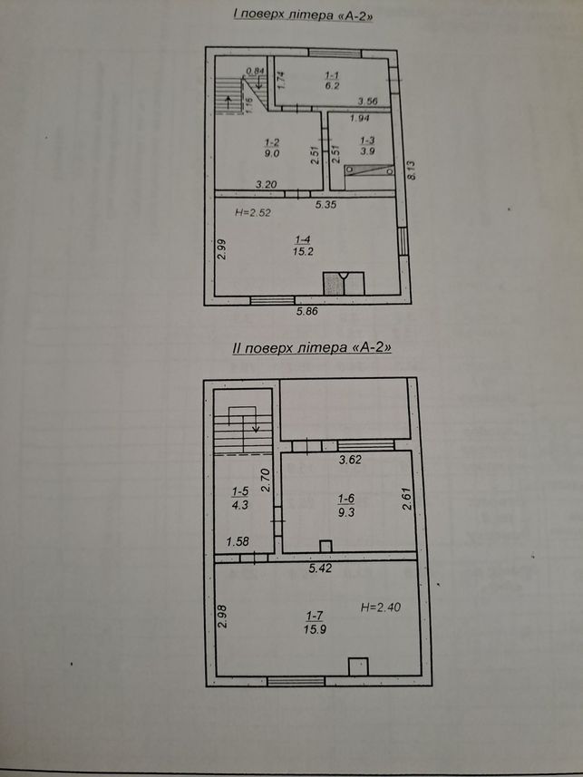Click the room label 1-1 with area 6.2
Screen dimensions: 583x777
click(332, 81)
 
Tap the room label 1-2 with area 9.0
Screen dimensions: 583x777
click(273, 148)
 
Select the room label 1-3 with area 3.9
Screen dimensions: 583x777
click(367, 146)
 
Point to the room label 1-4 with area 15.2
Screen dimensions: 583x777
click(303, 246)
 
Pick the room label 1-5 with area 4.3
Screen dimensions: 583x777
click(240, 498)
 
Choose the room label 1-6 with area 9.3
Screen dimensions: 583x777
click(346, 505)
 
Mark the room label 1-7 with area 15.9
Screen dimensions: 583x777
click(315, 623)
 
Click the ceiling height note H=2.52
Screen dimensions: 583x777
click(253, 213)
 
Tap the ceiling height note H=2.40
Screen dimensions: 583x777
click(381, 607)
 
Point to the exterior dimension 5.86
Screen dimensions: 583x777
click(306, 311)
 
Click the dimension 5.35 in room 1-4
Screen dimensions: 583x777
click(326, 204)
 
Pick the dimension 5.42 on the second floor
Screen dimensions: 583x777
click(320, 568)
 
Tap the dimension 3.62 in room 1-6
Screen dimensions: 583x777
click(350, 460)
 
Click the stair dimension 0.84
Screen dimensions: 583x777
click(256, 71)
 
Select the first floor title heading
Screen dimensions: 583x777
click(304, 15)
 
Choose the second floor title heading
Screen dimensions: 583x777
click(312, 347)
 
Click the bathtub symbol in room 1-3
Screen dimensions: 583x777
click(370, 170)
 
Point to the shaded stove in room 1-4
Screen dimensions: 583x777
click(333, 284)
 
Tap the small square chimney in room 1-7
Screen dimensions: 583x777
click(358, 666)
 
